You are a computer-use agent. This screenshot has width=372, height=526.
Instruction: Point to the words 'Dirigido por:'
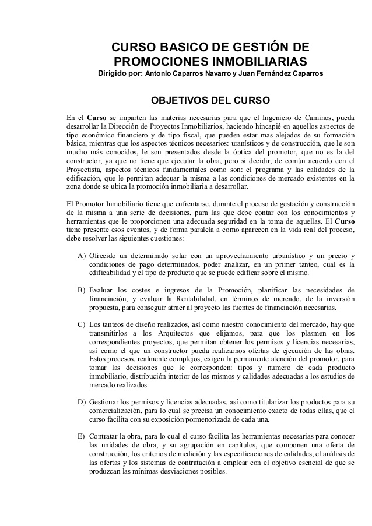120,74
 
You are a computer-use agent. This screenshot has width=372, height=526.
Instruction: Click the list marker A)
82,255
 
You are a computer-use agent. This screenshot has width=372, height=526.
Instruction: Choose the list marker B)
82,290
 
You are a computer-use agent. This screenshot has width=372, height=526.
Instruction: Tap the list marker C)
82,324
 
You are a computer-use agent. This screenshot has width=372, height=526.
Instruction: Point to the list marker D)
82,402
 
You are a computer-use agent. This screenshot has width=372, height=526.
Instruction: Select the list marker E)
82,436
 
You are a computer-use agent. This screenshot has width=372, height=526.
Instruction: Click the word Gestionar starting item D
107,402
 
